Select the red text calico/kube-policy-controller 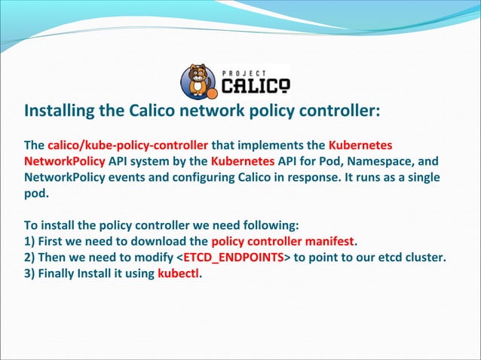pos(127,145)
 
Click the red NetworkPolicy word pos(65,160)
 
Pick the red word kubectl pos(178,273)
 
